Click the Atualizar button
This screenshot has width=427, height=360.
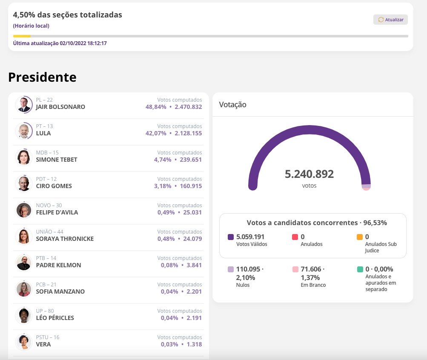click(390, 20)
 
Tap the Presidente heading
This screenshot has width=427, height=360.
click(42, 77)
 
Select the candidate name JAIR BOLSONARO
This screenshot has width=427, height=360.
click(60, 107)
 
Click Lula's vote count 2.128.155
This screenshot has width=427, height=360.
click(188, 133)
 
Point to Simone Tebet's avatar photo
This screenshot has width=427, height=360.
click(23, 157)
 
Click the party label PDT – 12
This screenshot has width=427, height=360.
click(46, 179)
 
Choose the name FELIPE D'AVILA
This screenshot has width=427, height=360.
click(57, 212)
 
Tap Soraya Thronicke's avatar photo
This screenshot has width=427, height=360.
click(23, 236)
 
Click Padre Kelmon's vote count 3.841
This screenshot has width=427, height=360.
click(194, 265)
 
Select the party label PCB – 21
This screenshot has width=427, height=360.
click(46, 285)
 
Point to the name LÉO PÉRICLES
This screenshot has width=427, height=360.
click(55, 318)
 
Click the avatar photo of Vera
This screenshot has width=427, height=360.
click(23, 342)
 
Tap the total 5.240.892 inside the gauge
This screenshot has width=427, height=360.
click(309, 174)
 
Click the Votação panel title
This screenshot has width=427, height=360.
click(232, 104)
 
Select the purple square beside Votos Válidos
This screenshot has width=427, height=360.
click(231, 237)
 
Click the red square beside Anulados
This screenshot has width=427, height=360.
click(295, 237)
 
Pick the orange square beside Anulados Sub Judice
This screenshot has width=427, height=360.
click(360, 237)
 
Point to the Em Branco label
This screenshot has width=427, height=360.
click(313, 285)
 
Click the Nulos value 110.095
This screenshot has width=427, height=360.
click(248, 269)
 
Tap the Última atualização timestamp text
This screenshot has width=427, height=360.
click(60, 43)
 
